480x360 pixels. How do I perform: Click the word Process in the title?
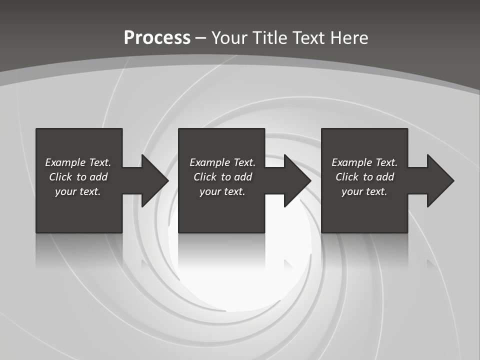157,37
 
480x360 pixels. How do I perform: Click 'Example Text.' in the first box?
78,162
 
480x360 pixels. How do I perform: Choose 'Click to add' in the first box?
78,177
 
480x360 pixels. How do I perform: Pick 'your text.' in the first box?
78,191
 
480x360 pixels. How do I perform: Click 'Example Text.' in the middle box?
222,162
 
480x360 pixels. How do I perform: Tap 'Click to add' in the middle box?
222,177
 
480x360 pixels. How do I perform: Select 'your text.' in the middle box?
222,191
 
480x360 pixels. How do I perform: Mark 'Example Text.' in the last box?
364,162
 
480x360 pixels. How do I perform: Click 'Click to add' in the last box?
364,177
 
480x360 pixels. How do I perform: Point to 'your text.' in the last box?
364,191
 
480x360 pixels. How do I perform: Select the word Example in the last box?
351,162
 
